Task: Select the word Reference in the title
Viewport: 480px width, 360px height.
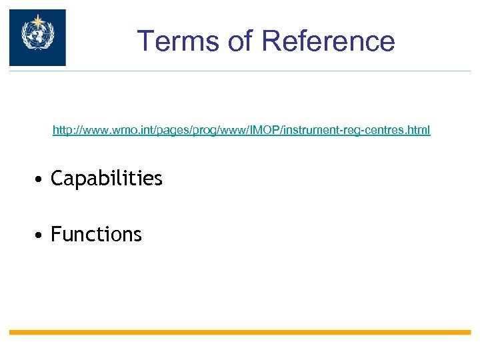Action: click(x=329, y=41)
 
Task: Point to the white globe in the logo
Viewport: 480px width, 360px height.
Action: click(x=37, y=37)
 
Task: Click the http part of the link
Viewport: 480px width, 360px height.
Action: click(x=62, y=129)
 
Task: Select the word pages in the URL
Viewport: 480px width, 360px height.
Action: click(x=172, y=129)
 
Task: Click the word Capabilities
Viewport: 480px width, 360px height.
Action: click(x=107, y=179)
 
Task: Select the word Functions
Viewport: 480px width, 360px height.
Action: click(x=96, y=235)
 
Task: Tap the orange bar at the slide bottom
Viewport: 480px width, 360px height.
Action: click(x=240, y=332)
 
